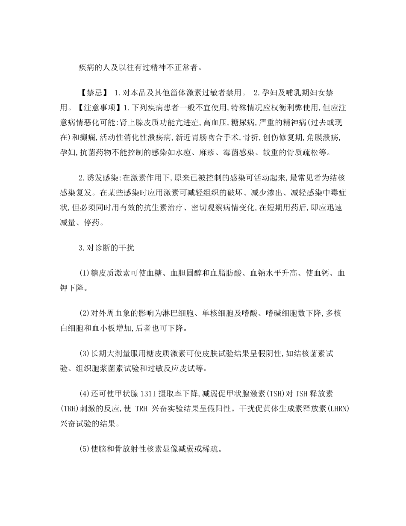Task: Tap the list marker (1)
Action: click(84, 272)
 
